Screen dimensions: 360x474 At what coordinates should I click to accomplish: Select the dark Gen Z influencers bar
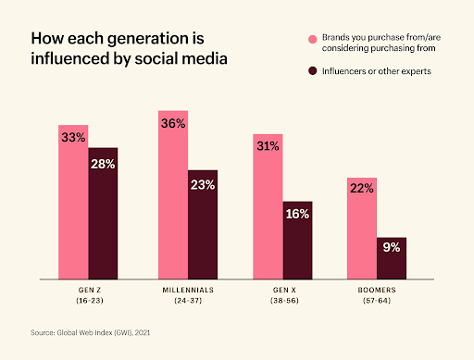[x=104, y=213]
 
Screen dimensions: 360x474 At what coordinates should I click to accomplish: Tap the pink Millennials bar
[x=172, y=193]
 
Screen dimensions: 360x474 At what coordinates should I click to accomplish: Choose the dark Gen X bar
[x=297, y=240]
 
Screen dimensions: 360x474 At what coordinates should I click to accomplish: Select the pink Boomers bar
[x=362, y=227]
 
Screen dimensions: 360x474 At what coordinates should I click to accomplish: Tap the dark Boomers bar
[x=392, y=257]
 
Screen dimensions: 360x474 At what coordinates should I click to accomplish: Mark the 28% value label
[x=104, y=162]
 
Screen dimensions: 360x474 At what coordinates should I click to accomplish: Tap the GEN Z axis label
[x=89, y=291]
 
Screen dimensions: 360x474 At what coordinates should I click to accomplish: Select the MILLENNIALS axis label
[x=187, y=291]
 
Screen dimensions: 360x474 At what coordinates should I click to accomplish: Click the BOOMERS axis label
[x=377, y=291]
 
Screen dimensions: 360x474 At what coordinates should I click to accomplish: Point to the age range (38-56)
[x=282, y=302]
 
